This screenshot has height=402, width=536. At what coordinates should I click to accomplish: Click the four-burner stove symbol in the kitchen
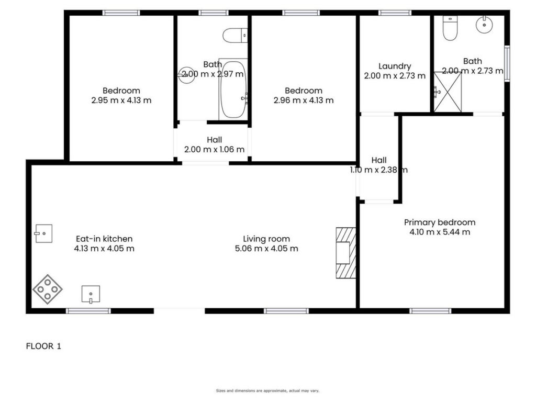tap(48, 289)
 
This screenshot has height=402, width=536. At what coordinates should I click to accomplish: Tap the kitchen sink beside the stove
tap(91, 294)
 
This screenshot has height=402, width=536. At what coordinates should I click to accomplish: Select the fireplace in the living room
tap(345, 253)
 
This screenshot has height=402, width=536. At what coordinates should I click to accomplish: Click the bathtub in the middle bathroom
tap(233, 90)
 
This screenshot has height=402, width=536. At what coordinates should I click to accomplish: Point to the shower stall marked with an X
tap(448, 92)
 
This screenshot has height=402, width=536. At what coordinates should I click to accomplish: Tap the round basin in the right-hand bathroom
tap(484, 24)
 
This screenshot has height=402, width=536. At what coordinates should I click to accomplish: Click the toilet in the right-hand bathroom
tap(450, 28)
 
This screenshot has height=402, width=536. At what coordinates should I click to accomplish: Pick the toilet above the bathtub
tap(235, 35)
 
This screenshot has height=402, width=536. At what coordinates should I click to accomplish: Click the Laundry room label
tap(395, 66)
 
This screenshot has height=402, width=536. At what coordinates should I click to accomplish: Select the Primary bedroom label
tap(440, 222)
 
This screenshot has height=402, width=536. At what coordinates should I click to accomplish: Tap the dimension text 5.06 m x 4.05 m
tap(266, 249)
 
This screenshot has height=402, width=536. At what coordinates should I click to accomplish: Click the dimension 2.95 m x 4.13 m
tap(121, 100)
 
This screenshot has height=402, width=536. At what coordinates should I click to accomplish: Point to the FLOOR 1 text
tap(43, 347)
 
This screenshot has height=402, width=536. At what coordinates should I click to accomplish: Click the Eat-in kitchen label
tap(104, 239)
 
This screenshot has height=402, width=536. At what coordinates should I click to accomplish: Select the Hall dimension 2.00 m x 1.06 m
tap(214, 149)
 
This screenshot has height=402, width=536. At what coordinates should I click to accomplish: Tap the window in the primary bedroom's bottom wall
tap(430, 311)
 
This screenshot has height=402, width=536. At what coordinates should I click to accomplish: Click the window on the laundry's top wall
tap(395, 13)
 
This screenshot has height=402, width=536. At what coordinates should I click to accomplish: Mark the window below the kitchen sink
tap(88, 311)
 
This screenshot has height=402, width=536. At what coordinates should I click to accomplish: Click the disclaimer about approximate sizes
tap(267, 390)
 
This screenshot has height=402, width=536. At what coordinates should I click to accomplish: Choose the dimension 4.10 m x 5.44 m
tap(440, 232)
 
